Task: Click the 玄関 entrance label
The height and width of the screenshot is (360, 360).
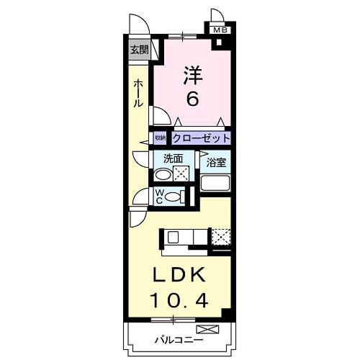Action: (139, 50)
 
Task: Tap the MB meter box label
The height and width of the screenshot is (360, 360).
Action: (220, 30)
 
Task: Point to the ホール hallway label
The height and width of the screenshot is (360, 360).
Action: (138, 94)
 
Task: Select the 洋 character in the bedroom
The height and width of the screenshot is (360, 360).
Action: (191, 75)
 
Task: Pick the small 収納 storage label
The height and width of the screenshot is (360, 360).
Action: (160, 137)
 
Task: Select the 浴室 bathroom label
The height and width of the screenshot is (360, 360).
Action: (217, 162)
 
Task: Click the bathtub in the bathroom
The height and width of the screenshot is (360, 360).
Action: (216, 183)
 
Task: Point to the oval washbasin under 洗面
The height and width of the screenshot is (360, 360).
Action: (163, 174)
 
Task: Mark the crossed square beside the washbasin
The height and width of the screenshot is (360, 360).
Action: (181, 173)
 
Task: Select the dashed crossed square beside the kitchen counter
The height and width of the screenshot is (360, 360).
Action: (221, 235)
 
